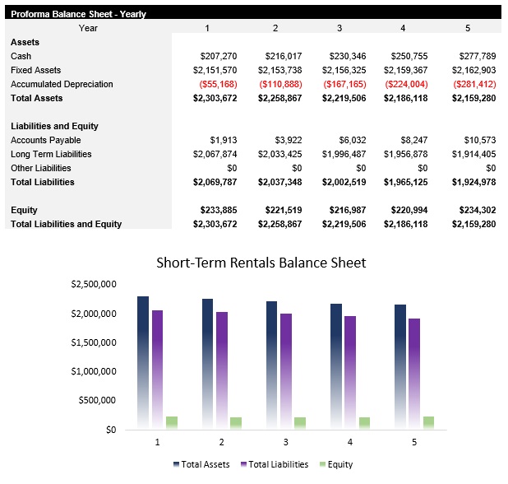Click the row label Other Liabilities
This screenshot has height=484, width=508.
click(x=41, y=168)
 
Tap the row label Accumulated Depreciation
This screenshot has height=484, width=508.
click(x=62, y=84)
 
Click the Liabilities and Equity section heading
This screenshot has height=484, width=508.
click(x=54, y=126)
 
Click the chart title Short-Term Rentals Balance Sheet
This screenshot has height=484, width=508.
click(x=261, y=263)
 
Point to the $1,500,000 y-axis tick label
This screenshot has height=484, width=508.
click(x=94, y=342)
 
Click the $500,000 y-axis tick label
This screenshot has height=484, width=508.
click(x=97, y=401)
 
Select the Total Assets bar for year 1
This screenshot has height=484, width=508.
click(x=143, y=362)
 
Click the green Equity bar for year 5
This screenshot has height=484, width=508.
click(x=428, y=423)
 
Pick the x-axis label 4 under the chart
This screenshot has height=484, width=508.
click(x=349, y=443)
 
